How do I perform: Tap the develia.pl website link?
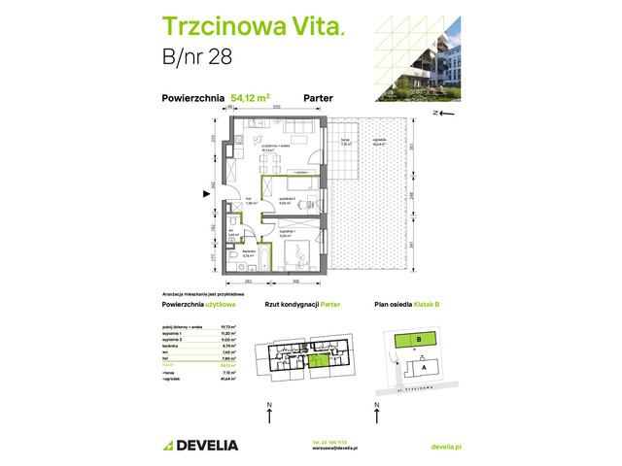coord(445,445)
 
